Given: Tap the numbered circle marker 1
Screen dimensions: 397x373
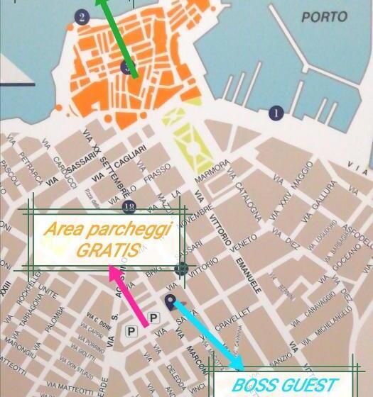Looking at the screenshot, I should click(276, 113).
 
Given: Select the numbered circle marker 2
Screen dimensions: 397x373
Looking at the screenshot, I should click(82, 17).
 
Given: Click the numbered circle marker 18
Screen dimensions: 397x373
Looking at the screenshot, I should click(129, 207).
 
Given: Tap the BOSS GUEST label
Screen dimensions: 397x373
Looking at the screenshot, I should click(284, 386).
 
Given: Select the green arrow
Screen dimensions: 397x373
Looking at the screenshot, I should click(117, 35).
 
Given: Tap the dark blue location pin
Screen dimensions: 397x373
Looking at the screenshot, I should click(171, 301).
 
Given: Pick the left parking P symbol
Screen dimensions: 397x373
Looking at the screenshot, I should click(131, 330).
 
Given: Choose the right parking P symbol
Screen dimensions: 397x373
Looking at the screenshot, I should click(154, 317).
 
